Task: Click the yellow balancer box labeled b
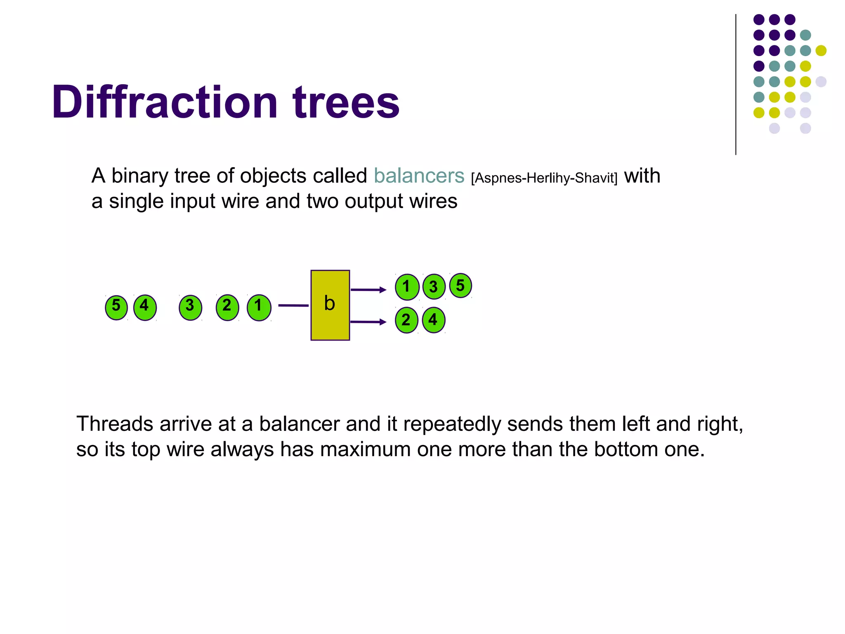pyautogui.click(x=330, y=305)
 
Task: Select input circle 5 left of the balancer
pyautogui.click(x=116, y=307)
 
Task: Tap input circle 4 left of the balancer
pyautogui.click(x=145, y=307)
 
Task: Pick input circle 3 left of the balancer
pyautogui.click(x=190, y=307)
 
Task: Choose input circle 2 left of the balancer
pyautogui.click(x=227, y=307)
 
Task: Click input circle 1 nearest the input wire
pyautogui.click(x=259, y=307)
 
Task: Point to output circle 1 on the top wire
pyautogui.click(x=407, y=287)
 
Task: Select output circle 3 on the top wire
pyautogui.click(x=434, y=287)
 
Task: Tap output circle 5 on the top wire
pyautogui.click(x=460, y=286)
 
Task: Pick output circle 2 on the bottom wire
pyautogui.click(x=406, y=320)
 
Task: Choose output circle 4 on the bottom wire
pyautogui.click(x=433, y=320)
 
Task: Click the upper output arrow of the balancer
pyautogui.click(x=368, y=290)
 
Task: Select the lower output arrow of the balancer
pyautogui.click(x=368, y=322)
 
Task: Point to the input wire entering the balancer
pyautogui.click(x=293, y=305)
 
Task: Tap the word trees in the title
pyautogui.click(x=346, y=102)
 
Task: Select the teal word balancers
pyautogui.click(x=419, y=176)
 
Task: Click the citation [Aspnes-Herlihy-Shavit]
pyautogui.click(x=544, y=178)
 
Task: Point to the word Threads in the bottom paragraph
pyautogui.click(x=115, y=424)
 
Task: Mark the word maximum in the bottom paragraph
pyautogui.click(x=365, y=449)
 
